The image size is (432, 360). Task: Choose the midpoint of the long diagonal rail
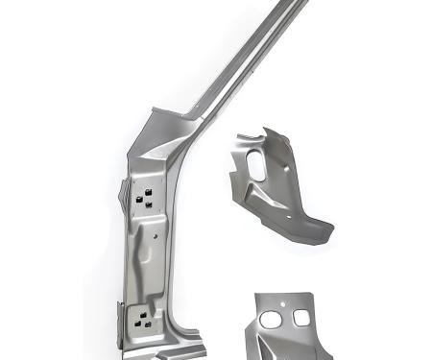point(240,62)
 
